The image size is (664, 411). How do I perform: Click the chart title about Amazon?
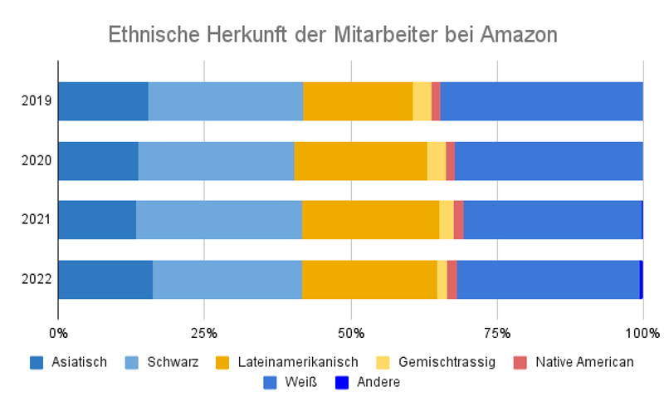click(333, 35)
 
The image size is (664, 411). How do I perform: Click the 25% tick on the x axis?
click(204, 333)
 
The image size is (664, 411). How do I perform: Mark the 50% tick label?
click(351, 333)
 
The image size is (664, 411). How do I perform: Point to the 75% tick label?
click(496, 333)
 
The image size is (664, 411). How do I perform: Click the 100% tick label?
click(642, 333)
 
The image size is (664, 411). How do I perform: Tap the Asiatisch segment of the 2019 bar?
click(103, 101)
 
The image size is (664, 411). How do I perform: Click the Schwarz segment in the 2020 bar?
click(216, 160)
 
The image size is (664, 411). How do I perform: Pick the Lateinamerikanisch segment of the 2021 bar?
click(370, 219)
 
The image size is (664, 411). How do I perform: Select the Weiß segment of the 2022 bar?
click(548, 278)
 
